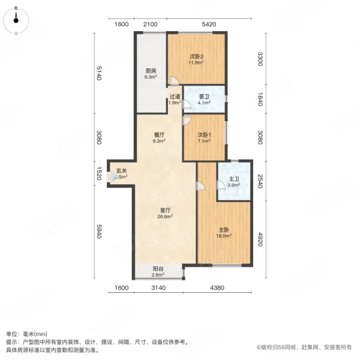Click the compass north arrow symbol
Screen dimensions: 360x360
coord(16,18)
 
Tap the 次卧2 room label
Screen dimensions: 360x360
coord(196,56)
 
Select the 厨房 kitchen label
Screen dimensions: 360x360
coord(151,71)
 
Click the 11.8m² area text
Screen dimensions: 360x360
coord(196,62)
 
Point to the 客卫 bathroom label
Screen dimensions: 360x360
coord(204,97)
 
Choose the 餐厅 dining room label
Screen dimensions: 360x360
coord(159,135)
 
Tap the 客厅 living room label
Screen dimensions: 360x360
coord(165,211)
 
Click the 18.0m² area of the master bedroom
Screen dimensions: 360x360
coord(224,236)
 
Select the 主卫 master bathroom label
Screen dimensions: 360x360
coord(234,179)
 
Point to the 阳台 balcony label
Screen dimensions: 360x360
coord(158,269)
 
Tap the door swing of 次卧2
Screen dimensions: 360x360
coord(174,80)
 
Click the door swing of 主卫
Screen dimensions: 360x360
coord(221,185)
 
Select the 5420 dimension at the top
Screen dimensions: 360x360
coord(209,24)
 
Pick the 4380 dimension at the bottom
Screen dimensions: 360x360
coord(217,287)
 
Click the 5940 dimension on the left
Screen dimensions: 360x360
coord(99,231)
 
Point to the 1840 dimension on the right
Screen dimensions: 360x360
coord(260,99)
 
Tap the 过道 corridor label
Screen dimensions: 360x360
coord(175,97)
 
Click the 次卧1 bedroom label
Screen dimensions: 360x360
coord(204,135)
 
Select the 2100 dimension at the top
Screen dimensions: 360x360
coord(151,24)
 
